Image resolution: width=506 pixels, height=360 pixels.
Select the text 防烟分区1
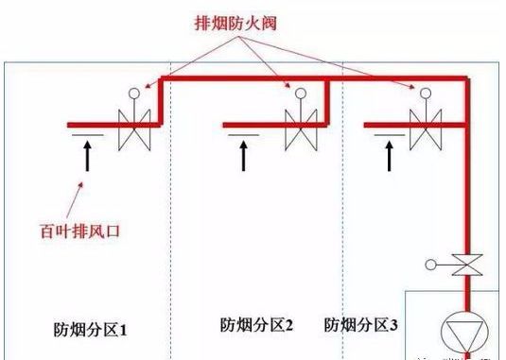[91, 331]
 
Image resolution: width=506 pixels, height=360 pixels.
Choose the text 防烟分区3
[361, 325]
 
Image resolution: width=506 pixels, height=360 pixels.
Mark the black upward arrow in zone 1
[87, 156]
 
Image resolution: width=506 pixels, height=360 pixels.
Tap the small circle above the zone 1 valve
[134, 93]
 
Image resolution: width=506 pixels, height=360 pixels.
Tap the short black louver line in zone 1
[81, 138]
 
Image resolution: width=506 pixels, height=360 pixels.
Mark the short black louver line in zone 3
[381, 138]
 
